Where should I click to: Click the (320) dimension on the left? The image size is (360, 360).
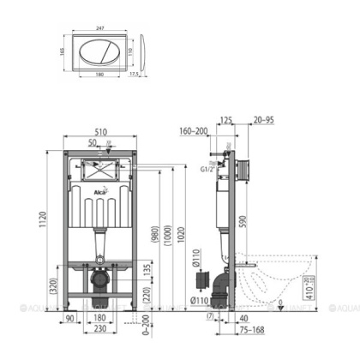coord(54,288)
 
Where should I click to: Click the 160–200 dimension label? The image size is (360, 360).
coord(194,133)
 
